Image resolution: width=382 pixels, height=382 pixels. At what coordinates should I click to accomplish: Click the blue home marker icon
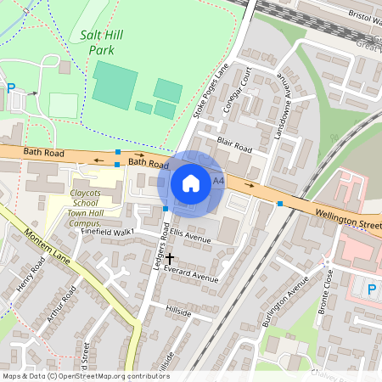[x=191, y=183]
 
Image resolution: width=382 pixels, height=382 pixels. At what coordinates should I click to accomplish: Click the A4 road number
[x=219, y=181]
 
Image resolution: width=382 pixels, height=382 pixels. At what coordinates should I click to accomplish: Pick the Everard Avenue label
[x=193, y=275]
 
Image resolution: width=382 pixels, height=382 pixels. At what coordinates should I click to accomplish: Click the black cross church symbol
[x=170, y=257]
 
